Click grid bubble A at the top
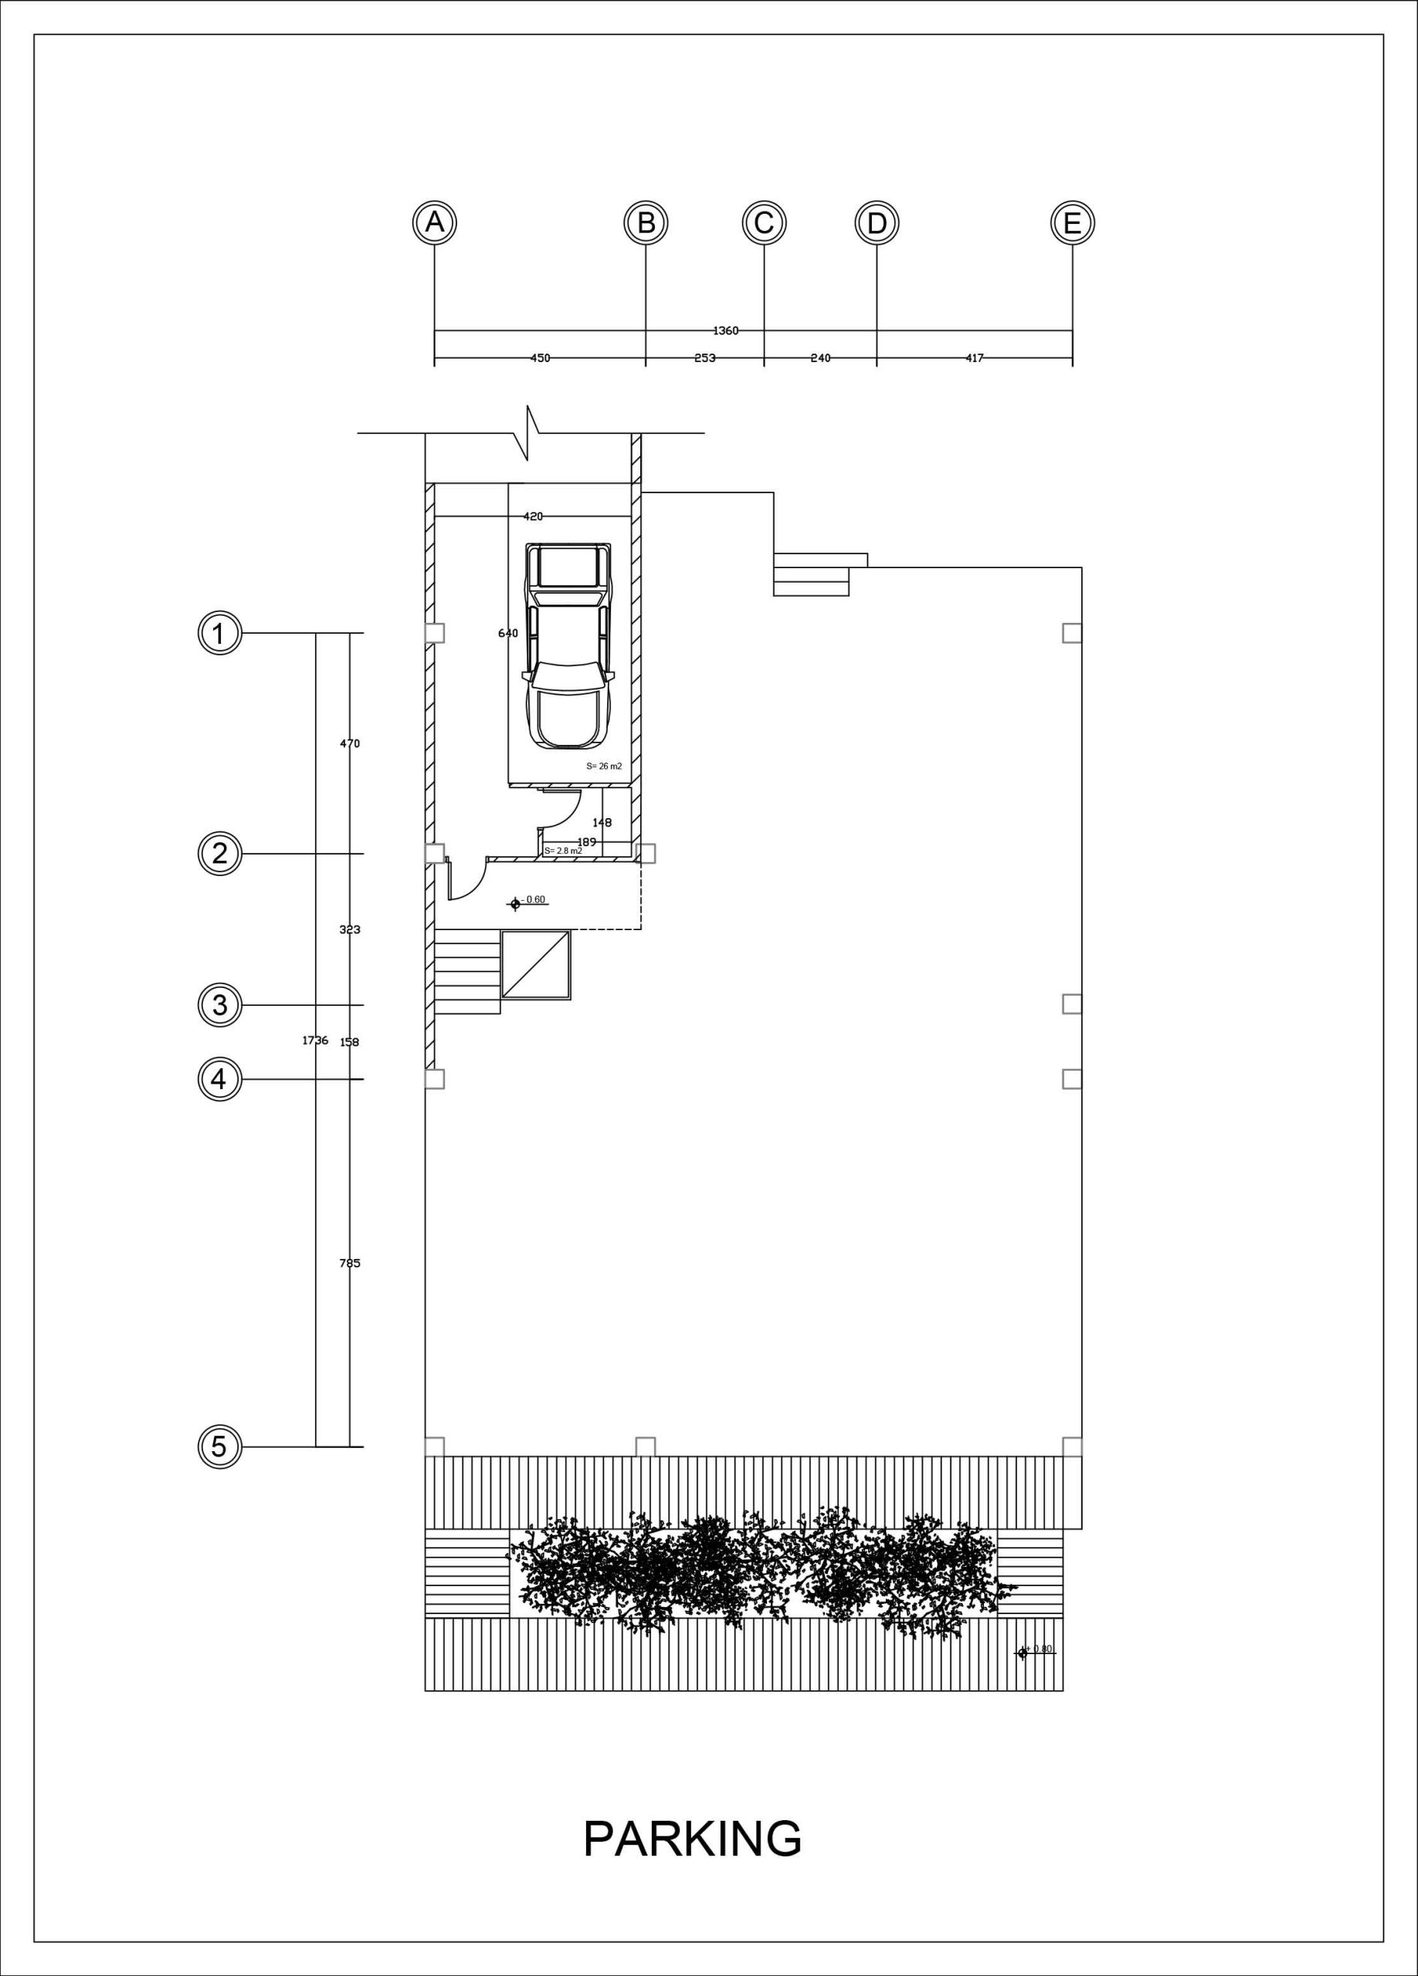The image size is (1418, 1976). [x=434, y=223]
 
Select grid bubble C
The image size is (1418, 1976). [x=765, y=223]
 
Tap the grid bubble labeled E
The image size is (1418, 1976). [x=1072, y=223]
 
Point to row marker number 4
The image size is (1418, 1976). [x=219, y=1080]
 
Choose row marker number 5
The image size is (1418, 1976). [x=219, y=1447]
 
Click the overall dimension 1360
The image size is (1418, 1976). [x=726, y=331]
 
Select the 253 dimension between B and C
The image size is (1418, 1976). [x=705, y=358]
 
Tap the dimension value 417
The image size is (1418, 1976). [x=975, y=358]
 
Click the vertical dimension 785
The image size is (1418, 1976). [x=350, y=1264]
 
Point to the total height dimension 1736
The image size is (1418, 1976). [x=314, y=1040]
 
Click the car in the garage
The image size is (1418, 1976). [x=566, y=645]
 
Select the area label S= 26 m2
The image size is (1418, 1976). [x=604, y=766]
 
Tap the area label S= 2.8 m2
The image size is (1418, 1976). [x=563, y=851]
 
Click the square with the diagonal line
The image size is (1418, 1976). [x=535, y=965]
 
